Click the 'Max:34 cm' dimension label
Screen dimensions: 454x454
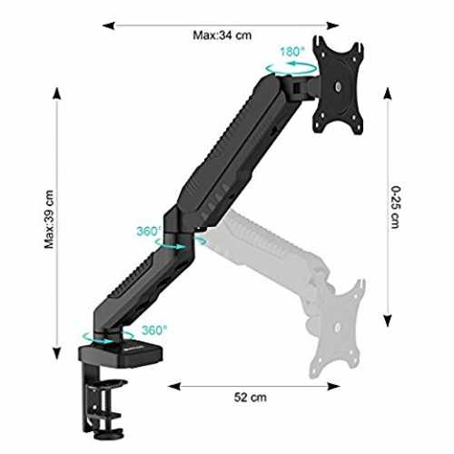coord(222,35)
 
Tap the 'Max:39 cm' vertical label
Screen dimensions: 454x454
coord(49,220)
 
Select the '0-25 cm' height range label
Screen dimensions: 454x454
coord(396,207)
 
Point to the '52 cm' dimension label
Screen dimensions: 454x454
coord(251,397)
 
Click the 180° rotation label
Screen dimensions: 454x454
coord(291,52)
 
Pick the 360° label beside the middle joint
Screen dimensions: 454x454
coord(148,232)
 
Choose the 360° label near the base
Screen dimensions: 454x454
coord(154,330)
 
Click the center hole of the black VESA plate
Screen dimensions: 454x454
coord(338,87)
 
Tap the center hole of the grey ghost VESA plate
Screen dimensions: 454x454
coord(338,327)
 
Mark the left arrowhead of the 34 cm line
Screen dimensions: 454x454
coord(108,25)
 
